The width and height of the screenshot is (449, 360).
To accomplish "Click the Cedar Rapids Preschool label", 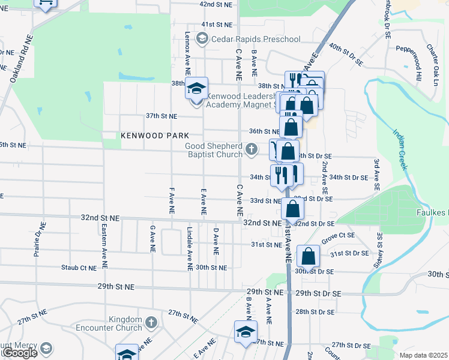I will pyautogui.click(x=256, y=40).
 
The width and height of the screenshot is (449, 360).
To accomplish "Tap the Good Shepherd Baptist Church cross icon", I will pyautogui.click(x=253, y=148).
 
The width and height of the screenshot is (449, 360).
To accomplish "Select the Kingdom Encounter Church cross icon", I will pyautogui.click(x=151, y=323).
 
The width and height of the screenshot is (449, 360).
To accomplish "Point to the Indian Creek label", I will pyautogui.click(x=400, y=149).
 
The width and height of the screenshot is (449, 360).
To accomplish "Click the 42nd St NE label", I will pyautogui.click(x=215, y=4).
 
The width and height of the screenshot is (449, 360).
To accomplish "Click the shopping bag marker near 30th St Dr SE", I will pyautogui.click(x=308, y=256).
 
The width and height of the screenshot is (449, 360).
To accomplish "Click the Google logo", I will pyautogui.click(x=19, y=353).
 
